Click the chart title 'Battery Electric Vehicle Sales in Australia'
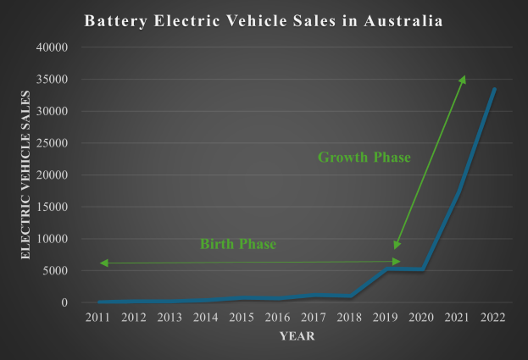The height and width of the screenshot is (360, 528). (263, 20)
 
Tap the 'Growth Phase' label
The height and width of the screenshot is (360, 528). (364, 158)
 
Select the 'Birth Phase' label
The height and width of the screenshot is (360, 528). (238, 245)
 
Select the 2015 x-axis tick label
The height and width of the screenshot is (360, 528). (242, 317)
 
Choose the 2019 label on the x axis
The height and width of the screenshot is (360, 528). (386, 317)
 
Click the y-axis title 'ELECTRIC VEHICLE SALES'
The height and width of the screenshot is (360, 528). (25, 174)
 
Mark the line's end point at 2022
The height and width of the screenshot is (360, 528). (494, 89)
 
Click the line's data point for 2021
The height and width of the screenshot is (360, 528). (458, 191)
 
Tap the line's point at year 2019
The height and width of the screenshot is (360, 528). (386, 269)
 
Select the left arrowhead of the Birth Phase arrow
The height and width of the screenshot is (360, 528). (103, 263)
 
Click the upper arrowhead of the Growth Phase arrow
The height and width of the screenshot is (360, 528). (463, 78)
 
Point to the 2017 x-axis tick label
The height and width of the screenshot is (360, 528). (314, 317)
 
